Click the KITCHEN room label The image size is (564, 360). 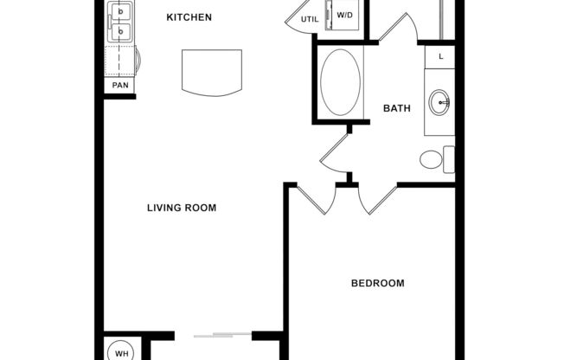coord(189,17)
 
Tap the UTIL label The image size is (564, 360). coord(309,18)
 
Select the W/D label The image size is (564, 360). coord(345,16)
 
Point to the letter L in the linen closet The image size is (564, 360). coord(441,56)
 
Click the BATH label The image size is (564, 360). coord(396,108)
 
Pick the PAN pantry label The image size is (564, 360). coord(119,86)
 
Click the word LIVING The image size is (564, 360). coord(164,208)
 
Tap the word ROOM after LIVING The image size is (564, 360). coord(201,208)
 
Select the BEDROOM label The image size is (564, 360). coord(377,283)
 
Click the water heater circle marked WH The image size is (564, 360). coord(122,352)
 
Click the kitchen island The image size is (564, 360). coord(211,73)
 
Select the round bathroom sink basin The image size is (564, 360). coord(441,103)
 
